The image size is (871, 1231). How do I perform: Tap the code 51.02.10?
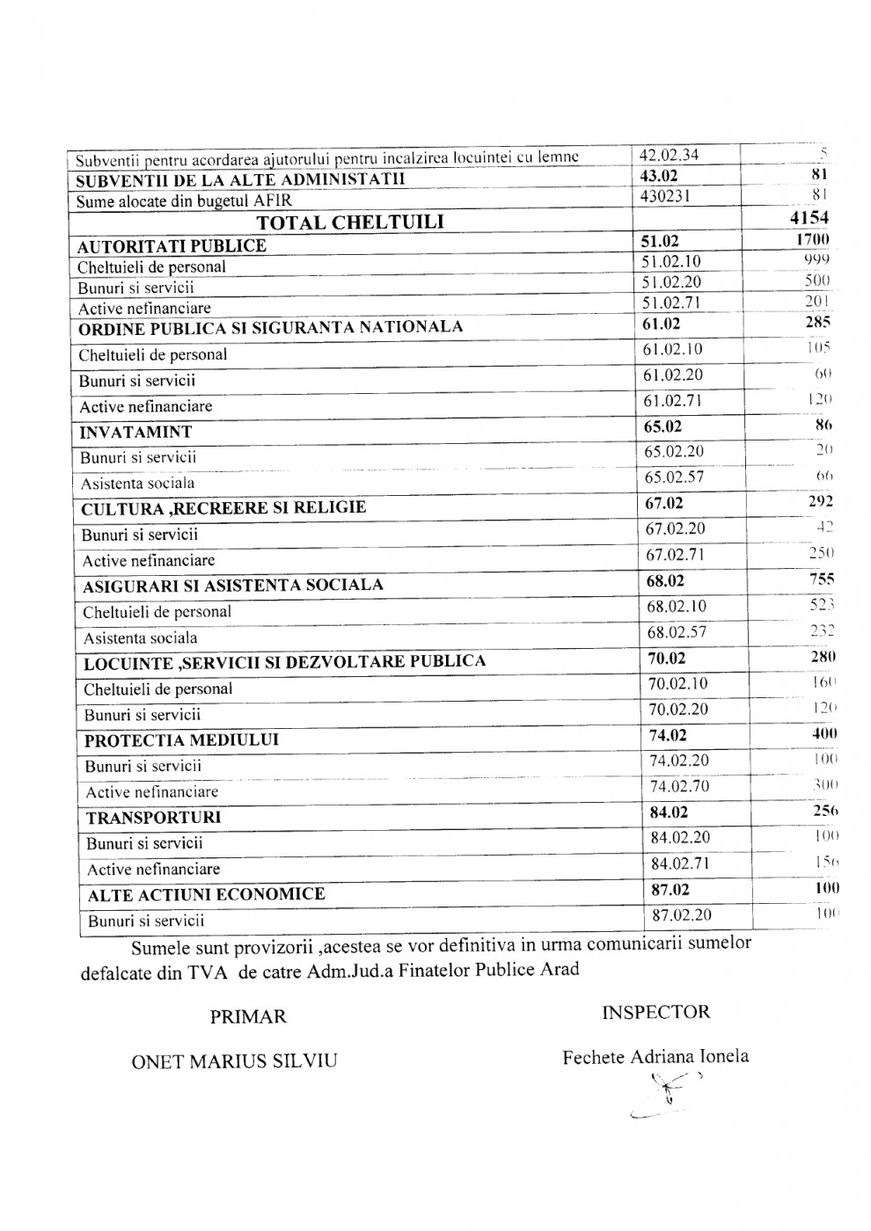pyautogui.click(x=672, y=261)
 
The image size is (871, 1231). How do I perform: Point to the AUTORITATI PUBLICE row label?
pyautogui.click(x=172, y=246)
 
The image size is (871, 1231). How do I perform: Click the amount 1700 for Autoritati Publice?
pyautogui.click(x=811, y=240)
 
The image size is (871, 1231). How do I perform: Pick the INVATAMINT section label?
pyautogui.click(x=135, y=433)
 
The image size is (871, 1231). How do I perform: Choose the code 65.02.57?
pyautogui.click(x=677, y=477)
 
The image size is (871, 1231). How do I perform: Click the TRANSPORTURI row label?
pyautogui.click(x=153, y=818)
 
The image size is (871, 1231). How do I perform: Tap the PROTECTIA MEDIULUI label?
pyautogui.click(x=181, y=740)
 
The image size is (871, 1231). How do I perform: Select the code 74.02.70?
pyautogui.click(x=679, y=786)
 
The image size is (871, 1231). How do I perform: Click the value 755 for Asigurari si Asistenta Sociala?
pyautogui.click(x=820, y=580)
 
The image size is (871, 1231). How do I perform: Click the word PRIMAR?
pyautogui.click(x=248, y=1017)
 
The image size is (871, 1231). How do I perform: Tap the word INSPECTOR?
pyautogui.click(x=655, y=1012)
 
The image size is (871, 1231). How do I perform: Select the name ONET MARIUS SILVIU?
pyautogui.click(x=234, y=1061)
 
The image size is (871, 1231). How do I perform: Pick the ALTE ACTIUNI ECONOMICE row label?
pyautogui.click(x=207, y=895)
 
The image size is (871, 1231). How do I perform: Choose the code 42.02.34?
pyautogui.click(x=670, y=156)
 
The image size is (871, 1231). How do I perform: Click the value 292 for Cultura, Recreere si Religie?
pyautogui.click(x=820, y=503)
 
